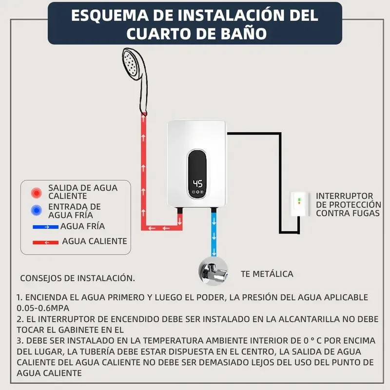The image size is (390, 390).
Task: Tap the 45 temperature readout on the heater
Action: click(198, 184)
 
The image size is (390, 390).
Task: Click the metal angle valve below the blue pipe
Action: click(214, 272)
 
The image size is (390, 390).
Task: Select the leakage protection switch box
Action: click(299, 204)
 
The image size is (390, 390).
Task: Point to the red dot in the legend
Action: click(37, 193)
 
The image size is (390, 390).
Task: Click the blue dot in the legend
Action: click(37, 211)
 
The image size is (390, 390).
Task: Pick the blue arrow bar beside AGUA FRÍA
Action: click(45, 227)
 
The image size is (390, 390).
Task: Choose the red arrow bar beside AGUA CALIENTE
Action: click(45, 242)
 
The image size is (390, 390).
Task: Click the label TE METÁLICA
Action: click(267, 274)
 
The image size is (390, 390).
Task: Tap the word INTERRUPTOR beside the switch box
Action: click(345, 196)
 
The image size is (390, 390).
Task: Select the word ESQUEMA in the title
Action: click(110, 16)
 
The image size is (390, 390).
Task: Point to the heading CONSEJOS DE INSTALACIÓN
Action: click(78, 278)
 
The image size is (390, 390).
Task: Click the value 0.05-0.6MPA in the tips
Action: click(43, 308)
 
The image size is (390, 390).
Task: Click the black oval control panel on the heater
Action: click(197, 174)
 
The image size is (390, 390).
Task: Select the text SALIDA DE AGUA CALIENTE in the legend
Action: click(83, 192)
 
